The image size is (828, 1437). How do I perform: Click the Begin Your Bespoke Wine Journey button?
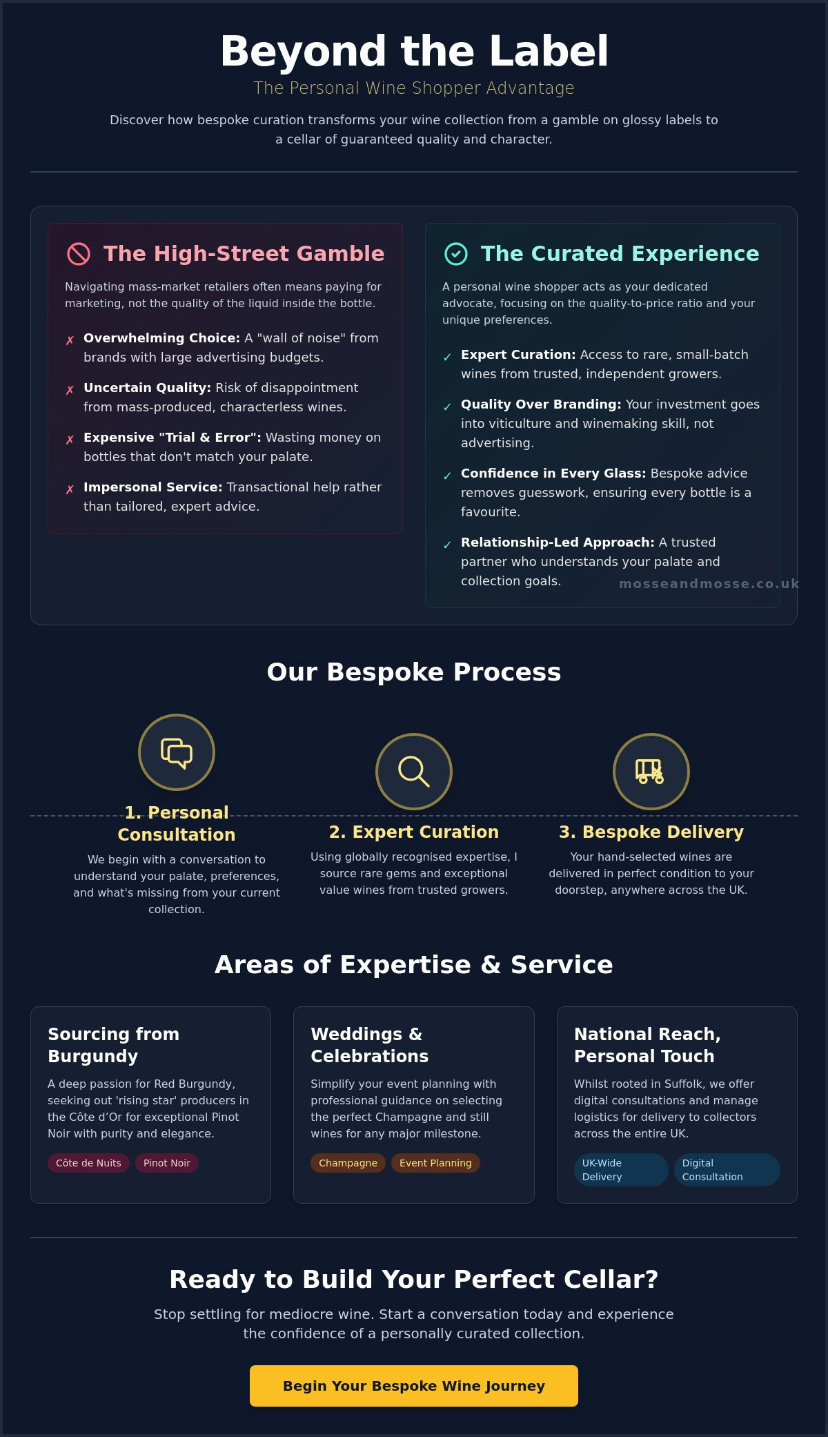pyautogui.click(x=414, y=1385)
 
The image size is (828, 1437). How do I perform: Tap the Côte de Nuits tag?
pyautogui.click(x=88, y=1163)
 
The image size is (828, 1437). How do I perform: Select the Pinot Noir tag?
pyautogui.click(x=167, y=1163)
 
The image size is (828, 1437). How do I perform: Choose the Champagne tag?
pyautogui.click(x=348, y=1163)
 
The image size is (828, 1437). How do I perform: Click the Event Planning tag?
pyautogui.click(x=435, y=1163)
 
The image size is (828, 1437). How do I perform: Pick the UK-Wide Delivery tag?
pyautogui.click(x=621, y=1170)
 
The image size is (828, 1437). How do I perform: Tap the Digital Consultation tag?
pyautogui.click(x=727, y=1170)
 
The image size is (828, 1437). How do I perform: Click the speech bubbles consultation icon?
pyautogui.click(x=177, y=752)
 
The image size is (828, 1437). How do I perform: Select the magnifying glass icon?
pyautogui.click(x=414, y=772)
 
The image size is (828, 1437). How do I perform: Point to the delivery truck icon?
pyautogui.click(x=650, y=772)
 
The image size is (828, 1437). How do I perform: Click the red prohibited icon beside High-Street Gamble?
pyautogui.click(x=79, y=254)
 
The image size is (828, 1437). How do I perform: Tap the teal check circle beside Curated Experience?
pyautogui.click(x=456, y=254)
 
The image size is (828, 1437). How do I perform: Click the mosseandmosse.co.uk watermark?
pyautogui.click(x=709, y=584)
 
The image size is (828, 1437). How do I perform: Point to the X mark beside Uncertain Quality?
pyautogui.click(x=70, y=390)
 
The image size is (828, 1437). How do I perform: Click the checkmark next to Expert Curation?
pyautogui.click(x=447, y=357)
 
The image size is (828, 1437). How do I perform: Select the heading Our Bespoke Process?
pyautogui.click(x=414, y=672)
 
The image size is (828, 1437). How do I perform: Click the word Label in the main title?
pyautogui.click(x=549, y=51)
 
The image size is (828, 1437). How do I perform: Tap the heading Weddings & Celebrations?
pyautogui.click(x=370, y=1045)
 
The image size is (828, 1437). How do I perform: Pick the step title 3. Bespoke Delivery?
pyautogui.click(x=651, y=832)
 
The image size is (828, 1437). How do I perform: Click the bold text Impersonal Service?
pyautogui.click(x=153, y=487)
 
